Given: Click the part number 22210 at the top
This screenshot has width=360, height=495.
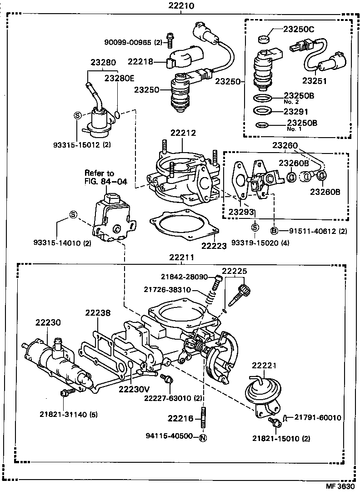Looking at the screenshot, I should point(181,6).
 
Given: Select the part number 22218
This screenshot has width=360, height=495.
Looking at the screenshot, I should point(140,62).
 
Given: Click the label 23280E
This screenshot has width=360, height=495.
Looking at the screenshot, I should point(120,78).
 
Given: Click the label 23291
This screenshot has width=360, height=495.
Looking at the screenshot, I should point(296,111).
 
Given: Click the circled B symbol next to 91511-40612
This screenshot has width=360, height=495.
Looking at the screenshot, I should point(275,231).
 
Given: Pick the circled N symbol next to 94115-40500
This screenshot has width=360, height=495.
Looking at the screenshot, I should point(203,438).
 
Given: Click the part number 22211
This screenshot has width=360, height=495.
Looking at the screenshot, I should point(181,257).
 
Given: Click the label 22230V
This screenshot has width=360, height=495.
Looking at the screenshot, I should point(134,389).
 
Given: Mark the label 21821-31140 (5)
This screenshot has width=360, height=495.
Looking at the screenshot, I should point(68,414).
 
